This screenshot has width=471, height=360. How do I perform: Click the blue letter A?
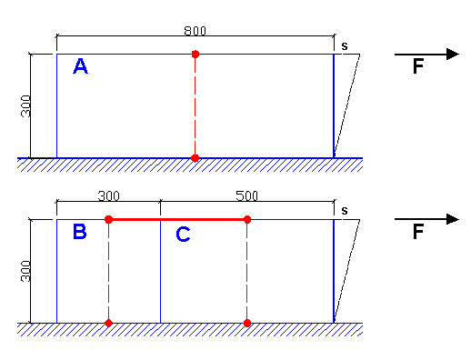tap(80, 66)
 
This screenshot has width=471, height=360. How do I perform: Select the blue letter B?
tap(80, 232)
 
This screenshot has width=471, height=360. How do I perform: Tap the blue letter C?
tap(183, 234)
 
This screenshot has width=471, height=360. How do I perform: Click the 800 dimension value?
tap(195, 31)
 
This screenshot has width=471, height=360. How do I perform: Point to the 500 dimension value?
tap(246, 195)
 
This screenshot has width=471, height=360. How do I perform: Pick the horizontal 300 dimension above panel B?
tap(109, 195)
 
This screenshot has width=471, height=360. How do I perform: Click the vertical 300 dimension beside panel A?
tap(25, 106)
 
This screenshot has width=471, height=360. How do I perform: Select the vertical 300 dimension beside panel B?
tap(25, 271)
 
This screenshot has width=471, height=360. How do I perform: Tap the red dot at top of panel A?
tap(195, 55)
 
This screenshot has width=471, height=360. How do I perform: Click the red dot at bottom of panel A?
tap(195, 158)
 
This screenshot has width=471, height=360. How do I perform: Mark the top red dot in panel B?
tap(109, 219)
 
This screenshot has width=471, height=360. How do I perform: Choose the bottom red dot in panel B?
tap(109, 323)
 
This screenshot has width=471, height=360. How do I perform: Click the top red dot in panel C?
tap(247, 219)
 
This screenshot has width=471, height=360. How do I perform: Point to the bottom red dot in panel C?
tap(247, 323)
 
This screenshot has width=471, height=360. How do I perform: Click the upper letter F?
tap(418, 66)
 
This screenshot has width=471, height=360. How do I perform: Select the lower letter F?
tap(418, 232)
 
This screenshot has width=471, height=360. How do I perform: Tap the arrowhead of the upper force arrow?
tap(453, 55)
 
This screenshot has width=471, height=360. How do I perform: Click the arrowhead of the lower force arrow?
tap(453, 219)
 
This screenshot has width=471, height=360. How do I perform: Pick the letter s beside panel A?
tap(345, 46)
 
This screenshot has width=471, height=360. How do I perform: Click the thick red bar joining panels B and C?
tap(178, 219)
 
